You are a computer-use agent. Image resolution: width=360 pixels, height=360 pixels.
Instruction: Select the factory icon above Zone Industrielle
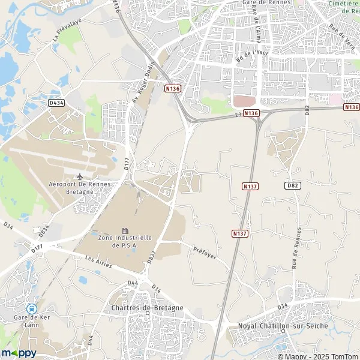[125, 230]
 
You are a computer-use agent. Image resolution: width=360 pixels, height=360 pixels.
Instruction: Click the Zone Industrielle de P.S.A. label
[125, 241]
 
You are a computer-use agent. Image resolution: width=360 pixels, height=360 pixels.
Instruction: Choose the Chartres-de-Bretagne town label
[148, 308]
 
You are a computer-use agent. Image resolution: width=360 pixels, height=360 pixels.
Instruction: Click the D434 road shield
[56, 103]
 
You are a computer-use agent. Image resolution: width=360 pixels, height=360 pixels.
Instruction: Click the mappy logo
[19, 352]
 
